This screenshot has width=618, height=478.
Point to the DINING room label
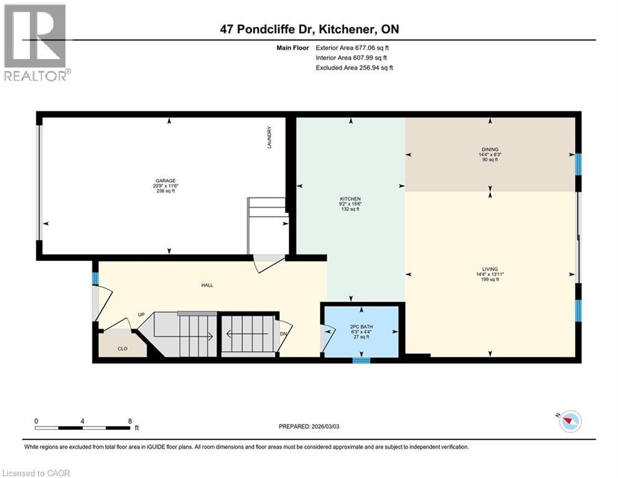pyautogui.click(x=489, y=149)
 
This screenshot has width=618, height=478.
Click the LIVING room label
pyautogui.click(x=490, y=269)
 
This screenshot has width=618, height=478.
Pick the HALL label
pyautogui.click(x=207, y=285)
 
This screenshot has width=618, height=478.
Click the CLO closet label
pyautogui.click(x=123, y=349)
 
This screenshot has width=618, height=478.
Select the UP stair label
pyautogui.click(x=141, y=315)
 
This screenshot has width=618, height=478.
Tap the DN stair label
pyautogui.click(x=283, y=334)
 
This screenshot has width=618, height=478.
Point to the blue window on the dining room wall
pyautogui.click(x=578, y=165)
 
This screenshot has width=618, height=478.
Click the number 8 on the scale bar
pyautogui.click(x=129, y=420)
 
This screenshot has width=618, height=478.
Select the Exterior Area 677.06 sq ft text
pyautogui.click(x=353, y=47)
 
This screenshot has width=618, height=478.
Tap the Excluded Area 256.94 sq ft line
pyautogui.click(x=353, y=67)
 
